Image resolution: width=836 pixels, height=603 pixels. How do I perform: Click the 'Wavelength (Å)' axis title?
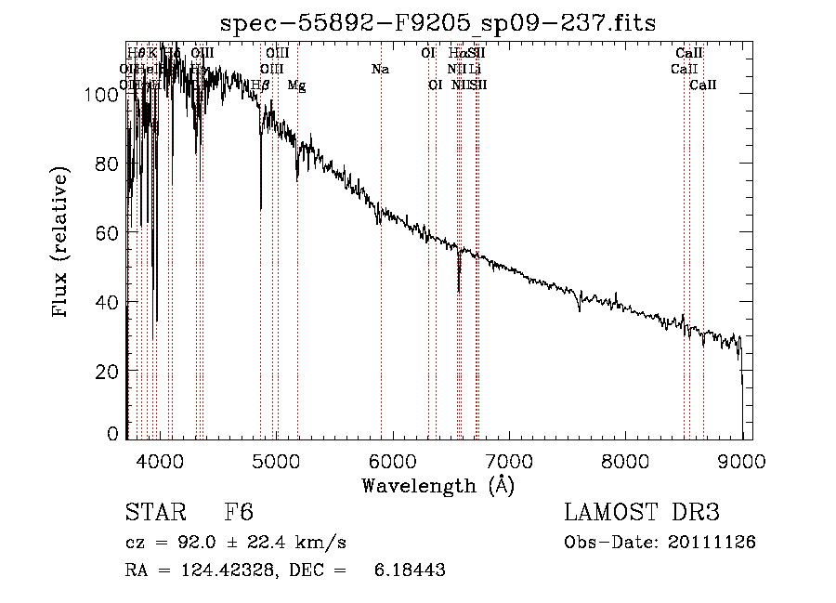[x=438, y=485]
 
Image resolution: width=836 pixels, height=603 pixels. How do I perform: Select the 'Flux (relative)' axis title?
[x=61, y=243]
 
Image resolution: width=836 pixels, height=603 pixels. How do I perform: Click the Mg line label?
[x=296, y=85]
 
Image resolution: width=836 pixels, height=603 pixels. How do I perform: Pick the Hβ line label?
[x=261, y=85]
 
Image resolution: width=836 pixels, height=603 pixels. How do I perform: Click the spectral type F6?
[x=239, y=514]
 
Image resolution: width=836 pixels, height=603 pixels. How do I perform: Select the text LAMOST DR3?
[x=641, y=514]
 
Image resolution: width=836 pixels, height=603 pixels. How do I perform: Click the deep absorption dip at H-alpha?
[x=459, y=288]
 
